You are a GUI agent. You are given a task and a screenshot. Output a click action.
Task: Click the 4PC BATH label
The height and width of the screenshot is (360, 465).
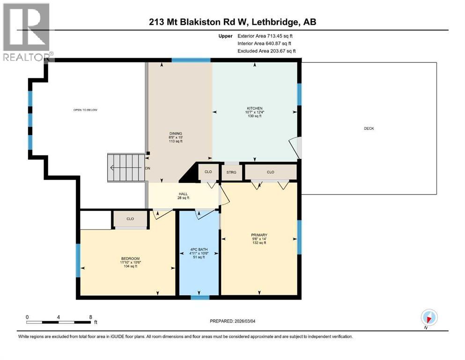pyautogui.click(x=199, y=253)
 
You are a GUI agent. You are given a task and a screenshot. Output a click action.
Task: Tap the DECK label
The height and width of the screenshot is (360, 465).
pyautogui.click(x=369, y=128)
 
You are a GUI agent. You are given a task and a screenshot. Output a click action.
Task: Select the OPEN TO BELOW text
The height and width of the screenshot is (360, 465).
pyautogui.click(x=85, y=110)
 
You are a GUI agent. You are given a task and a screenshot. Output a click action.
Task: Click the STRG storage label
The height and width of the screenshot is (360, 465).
pyautogui.click(x=232, y=172)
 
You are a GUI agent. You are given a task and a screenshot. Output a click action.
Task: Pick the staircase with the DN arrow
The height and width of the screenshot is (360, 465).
pyautogui.click(x=125, y=168)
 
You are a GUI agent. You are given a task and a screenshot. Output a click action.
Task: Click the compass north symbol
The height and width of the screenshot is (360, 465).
pyautogui.click(x=429, y=317)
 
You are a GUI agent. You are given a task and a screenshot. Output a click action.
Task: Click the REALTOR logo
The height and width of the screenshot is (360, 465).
pyautogui.click(x=26, y=32)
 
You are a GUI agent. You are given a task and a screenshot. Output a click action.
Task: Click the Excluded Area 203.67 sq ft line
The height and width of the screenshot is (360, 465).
pyautogui.click(x=266, y=51)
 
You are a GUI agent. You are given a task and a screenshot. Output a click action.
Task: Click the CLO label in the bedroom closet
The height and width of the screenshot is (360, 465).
pyautogui.click(x=130, y=218)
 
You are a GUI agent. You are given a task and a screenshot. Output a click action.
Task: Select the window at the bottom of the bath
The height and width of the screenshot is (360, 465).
pyautogui.click(x=200, y=297)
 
